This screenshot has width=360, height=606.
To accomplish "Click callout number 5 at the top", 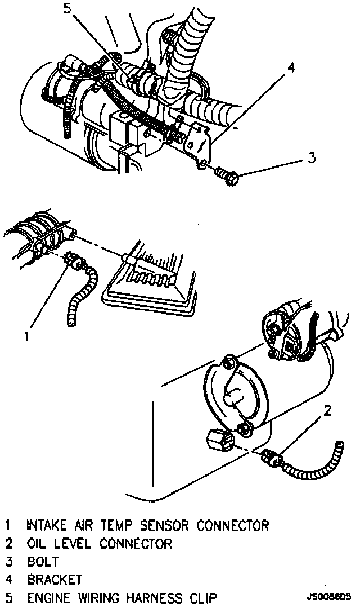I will click(x=67, y=9).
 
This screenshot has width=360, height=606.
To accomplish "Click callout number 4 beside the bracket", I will click(x=291, y=68).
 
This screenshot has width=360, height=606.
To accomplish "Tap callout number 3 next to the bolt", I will click(x=312, y=157).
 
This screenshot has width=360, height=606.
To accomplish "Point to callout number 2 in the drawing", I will click(x=327, y=411).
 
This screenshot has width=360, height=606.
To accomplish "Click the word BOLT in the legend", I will click(x=43, y=562).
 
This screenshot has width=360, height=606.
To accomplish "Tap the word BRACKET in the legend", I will click(x=55, y=579).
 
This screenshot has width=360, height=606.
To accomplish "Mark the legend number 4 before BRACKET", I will click(x=9, y=579).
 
